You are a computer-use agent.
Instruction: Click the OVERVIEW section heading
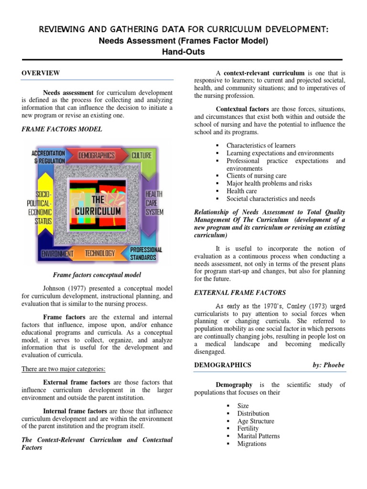41,73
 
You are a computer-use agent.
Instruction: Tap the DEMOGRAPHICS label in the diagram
97,156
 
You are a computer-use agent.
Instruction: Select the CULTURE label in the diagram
141,156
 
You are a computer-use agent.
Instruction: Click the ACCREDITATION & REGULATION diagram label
48,157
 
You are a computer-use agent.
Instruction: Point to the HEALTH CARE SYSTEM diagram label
154,203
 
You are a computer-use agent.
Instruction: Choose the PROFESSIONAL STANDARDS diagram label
146,254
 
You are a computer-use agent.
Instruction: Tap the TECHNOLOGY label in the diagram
100,254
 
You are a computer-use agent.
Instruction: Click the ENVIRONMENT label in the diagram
57,254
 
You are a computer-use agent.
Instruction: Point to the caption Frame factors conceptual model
97,275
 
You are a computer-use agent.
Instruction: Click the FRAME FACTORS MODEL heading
62,129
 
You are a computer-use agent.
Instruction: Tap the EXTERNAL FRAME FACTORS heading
240,292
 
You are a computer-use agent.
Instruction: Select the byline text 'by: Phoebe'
328,365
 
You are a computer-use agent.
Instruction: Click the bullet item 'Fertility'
248,428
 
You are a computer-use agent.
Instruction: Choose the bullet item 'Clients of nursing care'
256,176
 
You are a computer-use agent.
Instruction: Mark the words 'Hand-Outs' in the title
183,52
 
